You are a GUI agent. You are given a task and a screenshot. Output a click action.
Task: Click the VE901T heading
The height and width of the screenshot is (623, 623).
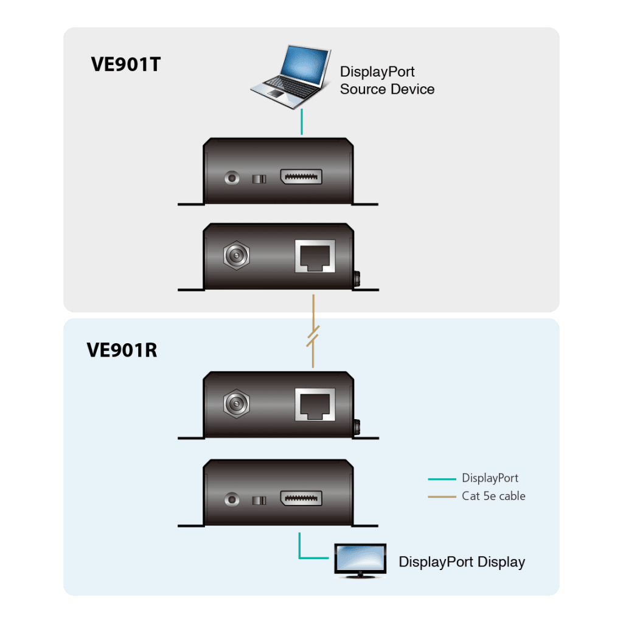[x=125, y=64]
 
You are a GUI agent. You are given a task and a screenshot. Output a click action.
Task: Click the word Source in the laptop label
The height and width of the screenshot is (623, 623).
[x=360, y=89]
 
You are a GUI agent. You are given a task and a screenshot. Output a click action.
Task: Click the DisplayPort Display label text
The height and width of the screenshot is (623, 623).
[x=461, y=562]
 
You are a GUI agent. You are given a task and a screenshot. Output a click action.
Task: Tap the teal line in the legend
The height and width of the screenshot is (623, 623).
[x=442, y=479]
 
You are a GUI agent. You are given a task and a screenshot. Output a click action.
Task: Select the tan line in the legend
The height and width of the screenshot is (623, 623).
[x=442, y=497]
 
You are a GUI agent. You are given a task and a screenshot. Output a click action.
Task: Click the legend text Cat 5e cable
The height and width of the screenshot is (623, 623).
[x=493, y=496]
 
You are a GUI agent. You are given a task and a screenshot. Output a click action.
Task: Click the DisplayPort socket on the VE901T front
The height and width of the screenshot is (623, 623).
[x=301, y=178]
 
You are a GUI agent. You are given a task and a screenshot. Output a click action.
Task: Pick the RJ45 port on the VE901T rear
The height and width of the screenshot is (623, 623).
[x=315, y=256]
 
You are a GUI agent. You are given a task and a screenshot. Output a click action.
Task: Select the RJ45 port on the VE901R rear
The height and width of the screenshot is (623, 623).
[x=315, y=404]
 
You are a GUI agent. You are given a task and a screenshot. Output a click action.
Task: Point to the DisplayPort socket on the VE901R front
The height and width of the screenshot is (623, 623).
[x=301, y=499]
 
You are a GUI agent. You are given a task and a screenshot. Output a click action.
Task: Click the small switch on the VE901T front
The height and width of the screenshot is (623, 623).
[x=259, y=179]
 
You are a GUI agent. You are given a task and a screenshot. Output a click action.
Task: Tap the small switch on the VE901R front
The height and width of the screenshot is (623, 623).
[x=259, y=500]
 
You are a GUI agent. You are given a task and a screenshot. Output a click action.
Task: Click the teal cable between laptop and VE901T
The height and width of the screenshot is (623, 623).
[x=301, y=123]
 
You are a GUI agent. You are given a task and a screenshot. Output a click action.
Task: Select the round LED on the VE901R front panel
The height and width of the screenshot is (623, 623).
[x=232, y=499]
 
